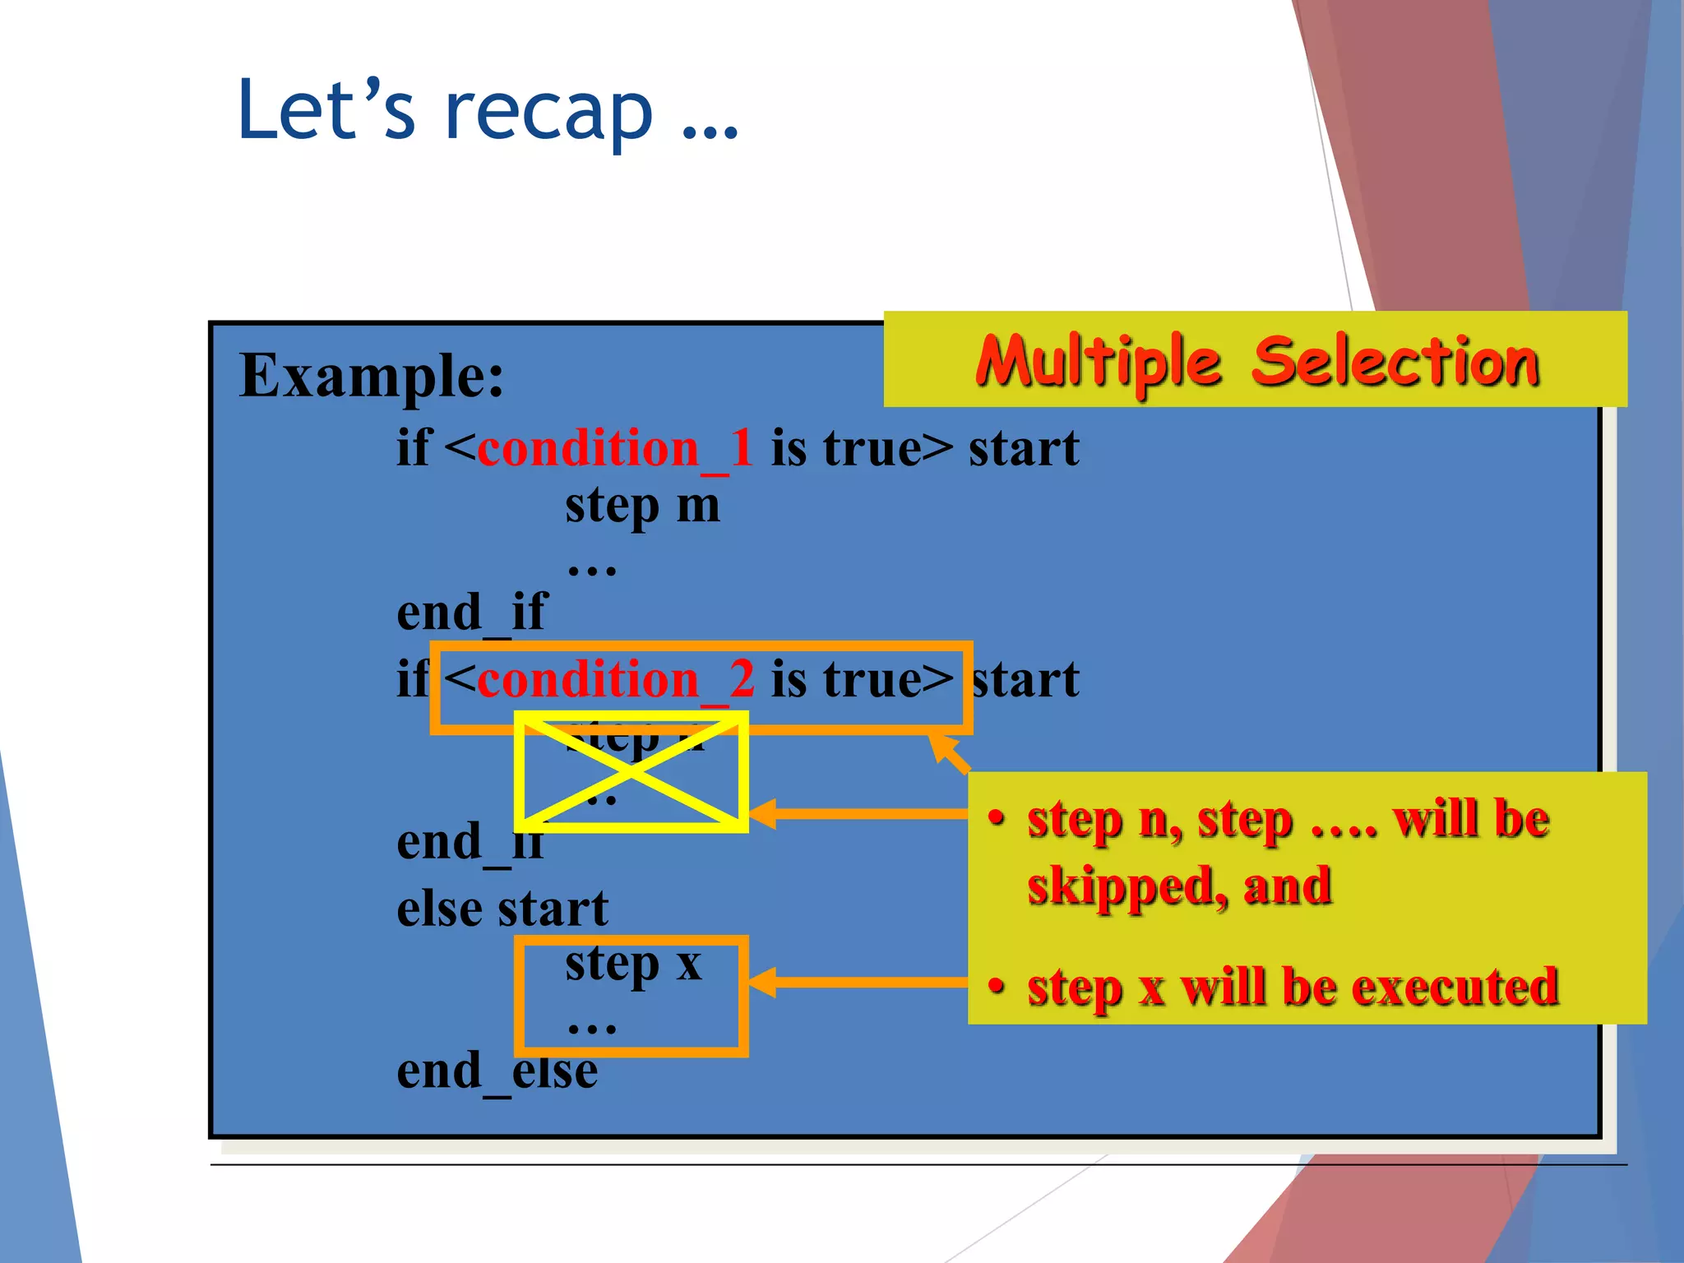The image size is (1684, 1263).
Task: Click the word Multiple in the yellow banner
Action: tap(1099, 362)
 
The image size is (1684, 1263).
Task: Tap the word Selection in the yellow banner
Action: tap(1395, 362)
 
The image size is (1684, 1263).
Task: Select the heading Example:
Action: tap(372, 376)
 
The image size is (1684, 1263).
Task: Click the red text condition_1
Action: tap(614, 449)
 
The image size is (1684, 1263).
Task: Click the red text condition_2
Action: tap(614, 680)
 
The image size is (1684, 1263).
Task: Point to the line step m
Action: tap(642, 506)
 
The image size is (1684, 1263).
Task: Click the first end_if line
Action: tap(471, 613)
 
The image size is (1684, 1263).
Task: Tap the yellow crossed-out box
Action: tap(631, 771)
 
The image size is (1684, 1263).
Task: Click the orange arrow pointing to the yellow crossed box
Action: tap(855, 814)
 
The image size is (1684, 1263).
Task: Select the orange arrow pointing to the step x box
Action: tap(855, 983)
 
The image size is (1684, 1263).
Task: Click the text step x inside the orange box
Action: tap(633, 964)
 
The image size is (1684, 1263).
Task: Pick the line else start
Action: tap(502, 909)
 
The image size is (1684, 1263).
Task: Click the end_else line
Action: tap(497, 1071)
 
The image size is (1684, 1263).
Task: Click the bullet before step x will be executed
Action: tap(997, 985)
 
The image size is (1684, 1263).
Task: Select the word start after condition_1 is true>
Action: tap(1024, 449)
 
